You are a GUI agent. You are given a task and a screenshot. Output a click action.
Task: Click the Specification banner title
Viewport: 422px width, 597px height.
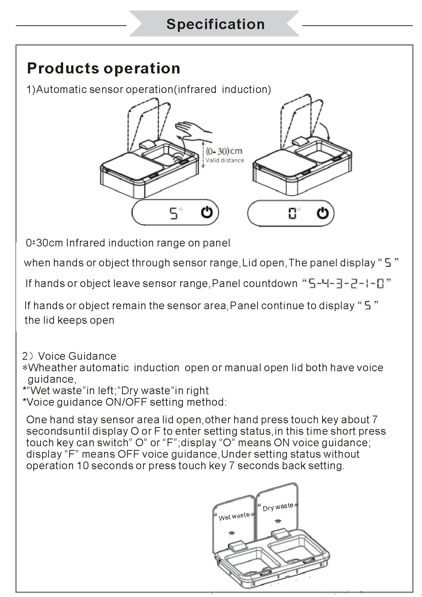coord(215,24)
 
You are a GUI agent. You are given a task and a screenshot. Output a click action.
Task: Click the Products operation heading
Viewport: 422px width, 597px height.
coord(104,68)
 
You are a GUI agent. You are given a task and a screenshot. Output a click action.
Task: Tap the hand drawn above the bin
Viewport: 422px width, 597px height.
coord(194,131)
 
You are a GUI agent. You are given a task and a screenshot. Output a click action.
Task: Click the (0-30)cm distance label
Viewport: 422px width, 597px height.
coord(224,151)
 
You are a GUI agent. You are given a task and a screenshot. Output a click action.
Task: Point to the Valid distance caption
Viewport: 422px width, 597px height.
coord(225,160)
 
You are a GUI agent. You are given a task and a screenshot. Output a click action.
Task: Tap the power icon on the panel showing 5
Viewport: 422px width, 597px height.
coord(207,212)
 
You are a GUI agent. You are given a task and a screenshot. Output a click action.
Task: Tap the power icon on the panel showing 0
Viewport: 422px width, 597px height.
coord(323,213)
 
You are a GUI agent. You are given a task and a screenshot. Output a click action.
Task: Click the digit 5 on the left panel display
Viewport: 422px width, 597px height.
coord(173,214)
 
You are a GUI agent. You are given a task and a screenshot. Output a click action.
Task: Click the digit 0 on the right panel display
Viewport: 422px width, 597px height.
coord(292,213)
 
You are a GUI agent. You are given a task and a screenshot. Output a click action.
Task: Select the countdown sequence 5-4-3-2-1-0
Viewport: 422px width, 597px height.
coord(346,284)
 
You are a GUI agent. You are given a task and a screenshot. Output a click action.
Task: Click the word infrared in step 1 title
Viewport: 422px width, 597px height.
coord(197,89)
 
